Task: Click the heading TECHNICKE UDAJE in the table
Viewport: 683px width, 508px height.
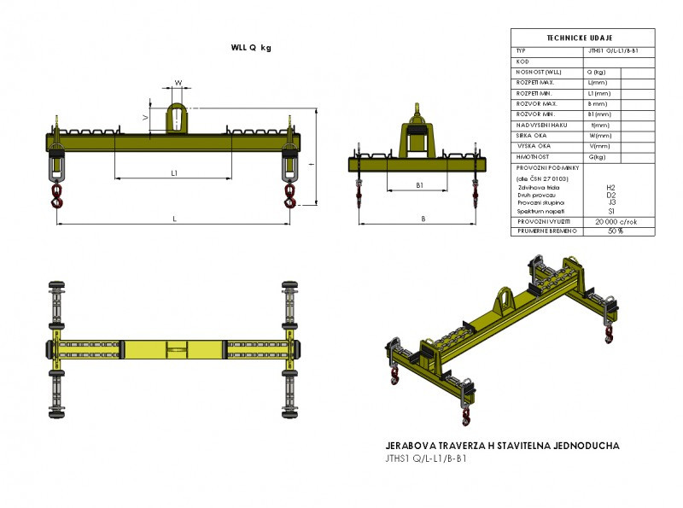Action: pyautogui.click(x=583, y=39)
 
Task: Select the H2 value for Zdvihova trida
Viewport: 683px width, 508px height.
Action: pyautogui.click(x=610, y=187)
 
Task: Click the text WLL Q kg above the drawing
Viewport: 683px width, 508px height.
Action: pyautogui.click(x=251, y=48)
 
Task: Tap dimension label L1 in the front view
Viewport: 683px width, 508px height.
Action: pyautogui.click(x=174, y=173)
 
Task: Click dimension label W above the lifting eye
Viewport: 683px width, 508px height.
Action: pyautogui.click(x=178, y=84)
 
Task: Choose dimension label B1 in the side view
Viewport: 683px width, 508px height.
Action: pyautogui.click(x=419, y=184)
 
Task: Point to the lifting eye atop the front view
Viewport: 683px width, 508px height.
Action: pyautogui.click(x=178, y=118)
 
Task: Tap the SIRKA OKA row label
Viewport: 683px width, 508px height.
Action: pyautogui.click(x=534, y=135)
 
